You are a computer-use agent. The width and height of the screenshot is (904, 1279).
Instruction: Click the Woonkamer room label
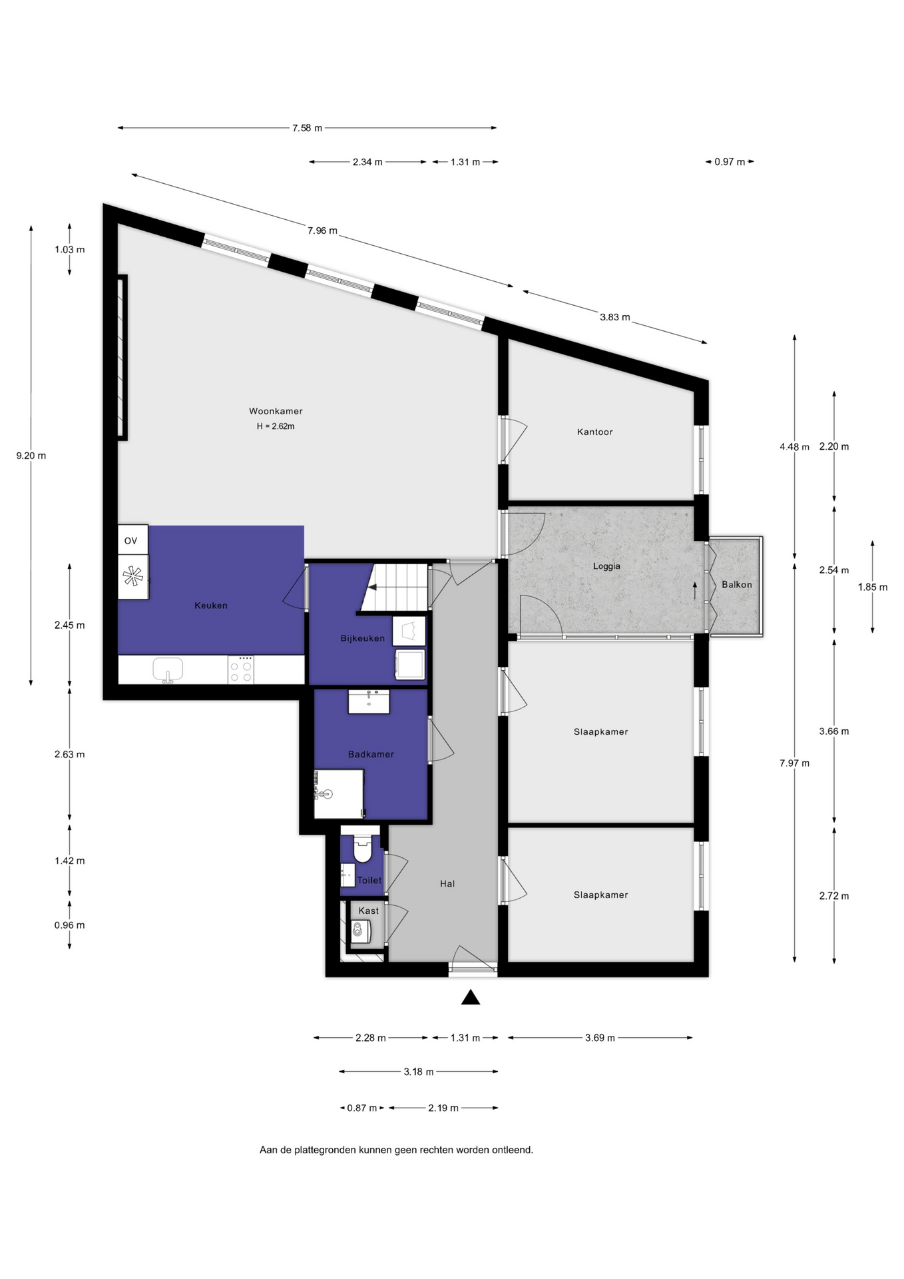pyautogui.click(x=276, y=411)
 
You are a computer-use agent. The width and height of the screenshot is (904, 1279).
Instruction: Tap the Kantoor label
pyautogui.click(x=594, y=432)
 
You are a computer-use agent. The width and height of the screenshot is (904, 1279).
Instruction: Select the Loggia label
pyautogui.click(x=606, y=566)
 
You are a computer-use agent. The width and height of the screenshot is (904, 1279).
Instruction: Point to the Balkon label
pyautogui.click(x=736, y=584)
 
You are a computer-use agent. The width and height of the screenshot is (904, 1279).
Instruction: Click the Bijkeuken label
pyautogui.click(x=362, y=638)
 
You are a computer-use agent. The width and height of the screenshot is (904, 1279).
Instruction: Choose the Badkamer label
pyautogui.click(x=371, y=754)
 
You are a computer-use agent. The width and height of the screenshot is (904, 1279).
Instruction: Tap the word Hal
pyautogui.click(x=447, y=884)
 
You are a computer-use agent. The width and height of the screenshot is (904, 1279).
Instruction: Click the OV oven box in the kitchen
pyautogui.click(x=132, y=540)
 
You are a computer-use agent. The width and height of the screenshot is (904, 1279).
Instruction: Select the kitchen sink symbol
pyautogui.click(x=168, y=669)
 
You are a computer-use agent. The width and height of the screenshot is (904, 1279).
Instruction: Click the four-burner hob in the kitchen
pyautogui.click(x=240, y=669)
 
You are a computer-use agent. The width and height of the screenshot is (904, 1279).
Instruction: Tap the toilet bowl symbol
pyautogui.click(x=363, y=849)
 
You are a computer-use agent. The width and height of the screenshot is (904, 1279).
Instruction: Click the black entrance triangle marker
pyautogui.click(x=471, y=997)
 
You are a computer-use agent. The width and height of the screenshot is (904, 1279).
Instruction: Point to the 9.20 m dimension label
pyautogui.click(x=31, y=456)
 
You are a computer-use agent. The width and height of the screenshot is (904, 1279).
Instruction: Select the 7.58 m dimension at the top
pyautogui.click(x=307, y=128)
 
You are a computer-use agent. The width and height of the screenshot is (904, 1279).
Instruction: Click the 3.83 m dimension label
pyautogui.click(x=614, y=317)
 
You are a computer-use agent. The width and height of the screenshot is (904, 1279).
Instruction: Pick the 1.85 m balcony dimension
pyautogui.click(x=872, y=587)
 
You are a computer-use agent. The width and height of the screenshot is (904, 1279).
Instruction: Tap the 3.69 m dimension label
pyautogui.click(x=600, y=1037)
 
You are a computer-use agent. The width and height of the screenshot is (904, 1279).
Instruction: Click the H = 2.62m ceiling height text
pyautogui.click(x=276, y=426)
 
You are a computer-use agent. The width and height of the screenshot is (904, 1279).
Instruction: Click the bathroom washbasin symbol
pyautogui.click(x=369, y=701)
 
